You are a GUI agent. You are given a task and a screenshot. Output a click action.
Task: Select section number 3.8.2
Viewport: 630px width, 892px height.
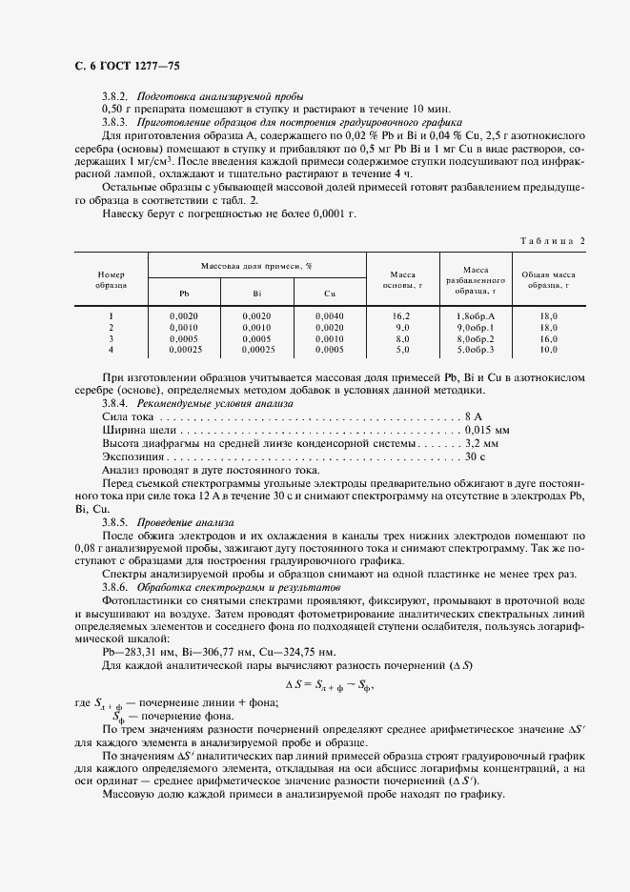[x=116, y=96]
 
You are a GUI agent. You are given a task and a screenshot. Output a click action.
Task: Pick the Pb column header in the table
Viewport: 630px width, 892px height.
[x=184, y=294]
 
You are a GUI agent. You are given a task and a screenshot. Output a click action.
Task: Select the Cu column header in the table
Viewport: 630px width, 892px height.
[x=330, y=294]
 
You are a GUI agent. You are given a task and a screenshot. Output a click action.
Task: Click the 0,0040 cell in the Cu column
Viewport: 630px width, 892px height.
[x=330, y=314]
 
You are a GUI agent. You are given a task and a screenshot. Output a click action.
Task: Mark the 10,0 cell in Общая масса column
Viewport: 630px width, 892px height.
[x=549, y=350]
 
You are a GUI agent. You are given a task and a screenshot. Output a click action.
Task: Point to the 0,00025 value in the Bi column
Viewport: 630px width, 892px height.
[x=256, y=350]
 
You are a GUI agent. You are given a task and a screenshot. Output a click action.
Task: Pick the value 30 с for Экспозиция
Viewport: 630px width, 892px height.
[x=477, y=456]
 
